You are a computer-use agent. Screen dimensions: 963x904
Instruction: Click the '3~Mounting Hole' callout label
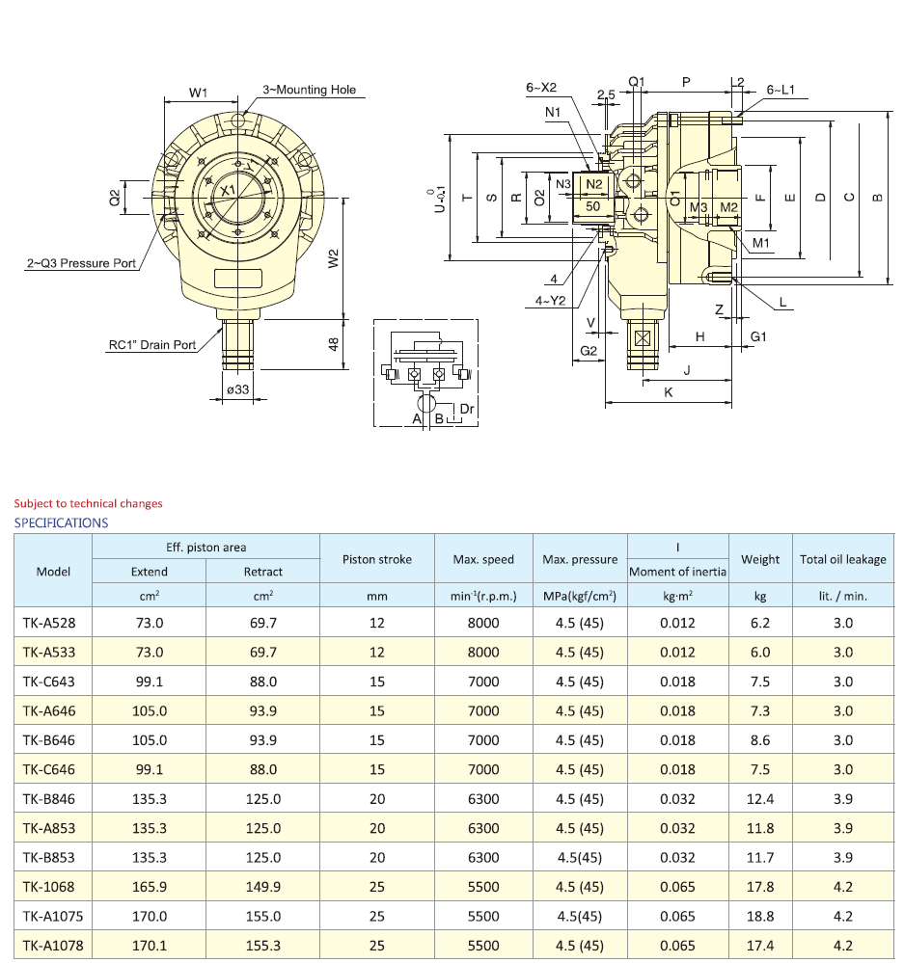[x=310, y=90]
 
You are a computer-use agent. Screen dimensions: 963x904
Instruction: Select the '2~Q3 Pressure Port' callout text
[x=81, y=263]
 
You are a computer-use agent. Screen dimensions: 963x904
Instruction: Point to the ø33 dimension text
[x=237, y=389]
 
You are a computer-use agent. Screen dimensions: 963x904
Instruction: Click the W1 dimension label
[x=199, y=93]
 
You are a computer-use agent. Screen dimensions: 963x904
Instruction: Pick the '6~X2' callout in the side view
[x=541, y=88]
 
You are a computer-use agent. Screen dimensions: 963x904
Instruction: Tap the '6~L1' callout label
[x=781, y=90]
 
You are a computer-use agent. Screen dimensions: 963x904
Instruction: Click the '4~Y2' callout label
[x=550, y=301]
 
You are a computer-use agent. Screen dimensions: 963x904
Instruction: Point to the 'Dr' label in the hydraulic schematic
[x=467, y=409]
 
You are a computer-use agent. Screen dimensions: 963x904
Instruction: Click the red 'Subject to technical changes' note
[x=88, y=503]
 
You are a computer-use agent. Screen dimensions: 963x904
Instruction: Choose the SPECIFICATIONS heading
[x=61, y=522]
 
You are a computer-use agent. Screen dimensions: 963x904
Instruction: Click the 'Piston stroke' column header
[x=377, y=559]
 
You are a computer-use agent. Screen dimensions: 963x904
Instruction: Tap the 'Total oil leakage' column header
[x=842, y=559]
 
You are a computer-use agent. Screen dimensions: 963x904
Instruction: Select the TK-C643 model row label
[x=49, y=682]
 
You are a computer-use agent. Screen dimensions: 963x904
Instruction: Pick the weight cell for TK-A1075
[x=760, y=916]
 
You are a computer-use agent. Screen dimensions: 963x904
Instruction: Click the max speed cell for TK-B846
[x=482, y=798]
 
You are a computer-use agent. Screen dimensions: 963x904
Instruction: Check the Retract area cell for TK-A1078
[x=262, y=946]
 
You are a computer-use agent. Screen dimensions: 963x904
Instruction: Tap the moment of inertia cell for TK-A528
[x=677, y=623]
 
